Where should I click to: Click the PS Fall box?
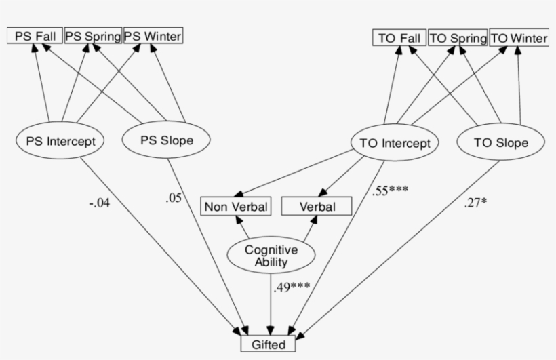click(x=34, y=36)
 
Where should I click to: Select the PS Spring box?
click(x=93, y=36)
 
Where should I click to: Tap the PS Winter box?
click(x=153, y=36)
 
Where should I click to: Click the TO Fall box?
click(x=399, y=39)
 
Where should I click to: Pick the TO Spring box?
click(x=458, y=39)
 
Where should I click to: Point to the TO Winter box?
click(x=519, y=39)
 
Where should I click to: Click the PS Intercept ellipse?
click(x=60, y=142)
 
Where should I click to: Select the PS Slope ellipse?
click(x=166, y=141)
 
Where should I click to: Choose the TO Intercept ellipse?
click(x=395, y=143)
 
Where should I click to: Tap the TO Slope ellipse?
click(x=501, y=142)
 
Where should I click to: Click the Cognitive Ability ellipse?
click(x=271, y=256)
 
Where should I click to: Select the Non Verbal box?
click(x=236, y=206)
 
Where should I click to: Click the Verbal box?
click(x=317, y=206)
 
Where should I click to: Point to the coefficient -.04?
click(x=98, y=203)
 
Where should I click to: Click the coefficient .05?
click(x=173, y=198)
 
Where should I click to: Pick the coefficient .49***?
click(x=292, y=287)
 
